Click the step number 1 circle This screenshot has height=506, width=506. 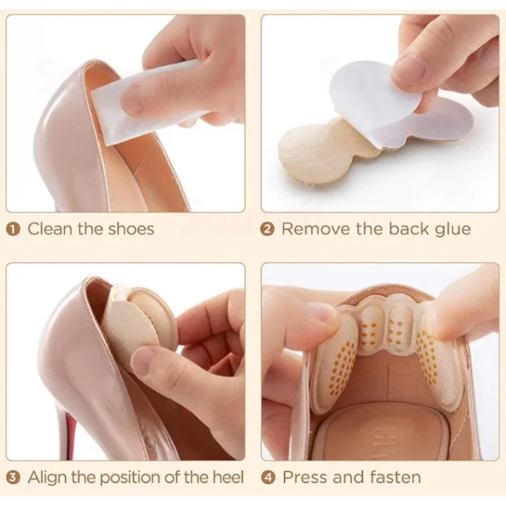pos(13,229)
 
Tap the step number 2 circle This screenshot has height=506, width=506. pos(267,229)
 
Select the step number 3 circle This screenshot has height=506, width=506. pos(13,478)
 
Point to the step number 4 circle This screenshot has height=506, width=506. pos(268,478)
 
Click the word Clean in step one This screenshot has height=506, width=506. pos(51,229)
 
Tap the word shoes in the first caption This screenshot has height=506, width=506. pos(131,229)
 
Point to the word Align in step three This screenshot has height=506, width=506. pos(48,478)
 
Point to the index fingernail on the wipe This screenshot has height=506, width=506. pos(132,100)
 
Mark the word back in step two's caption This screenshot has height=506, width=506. pos(409,229)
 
